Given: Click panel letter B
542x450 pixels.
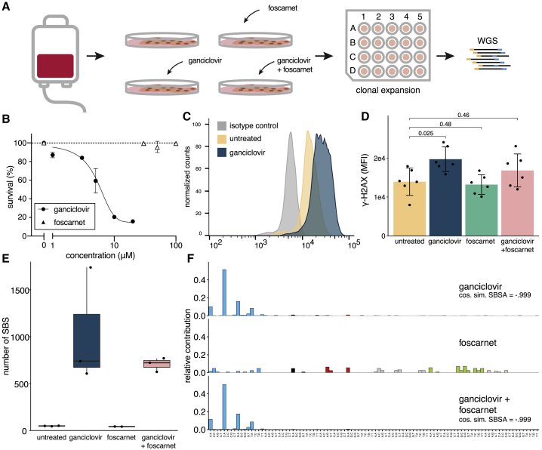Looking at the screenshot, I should click(x=7, y=119).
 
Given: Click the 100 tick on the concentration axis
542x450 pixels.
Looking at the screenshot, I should click(x=176, y=245).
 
